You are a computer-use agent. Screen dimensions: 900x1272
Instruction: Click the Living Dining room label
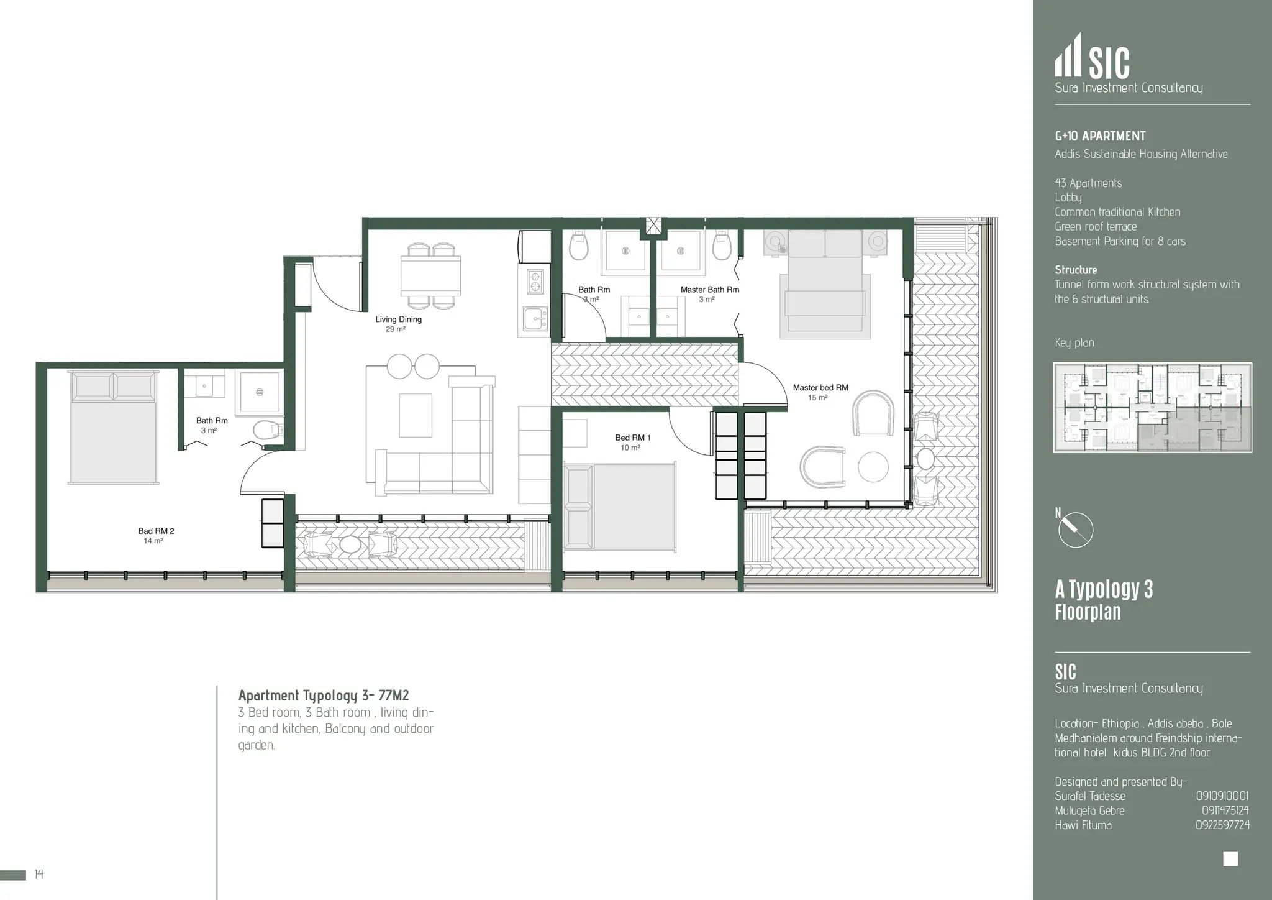398,319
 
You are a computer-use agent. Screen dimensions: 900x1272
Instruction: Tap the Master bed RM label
820,388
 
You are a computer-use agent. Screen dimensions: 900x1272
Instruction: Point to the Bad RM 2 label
156,531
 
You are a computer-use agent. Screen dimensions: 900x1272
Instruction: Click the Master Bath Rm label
709,290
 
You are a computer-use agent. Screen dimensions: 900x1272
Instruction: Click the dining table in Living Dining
430,275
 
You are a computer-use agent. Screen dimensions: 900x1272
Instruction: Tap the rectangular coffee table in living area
415,415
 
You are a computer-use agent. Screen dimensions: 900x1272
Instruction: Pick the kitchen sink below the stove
534,319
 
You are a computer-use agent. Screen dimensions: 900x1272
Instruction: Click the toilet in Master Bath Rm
722,247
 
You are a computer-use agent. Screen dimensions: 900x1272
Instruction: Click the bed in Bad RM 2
113,428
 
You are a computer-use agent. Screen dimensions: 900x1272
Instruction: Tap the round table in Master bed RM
873,466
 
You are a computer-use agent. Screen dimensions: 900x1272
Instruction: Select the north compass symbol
1075,530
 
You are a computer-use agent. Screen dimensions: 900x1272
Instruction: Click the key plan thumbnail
1152,408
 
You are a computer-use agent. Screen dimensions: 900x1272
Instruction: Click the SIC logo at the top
1093,57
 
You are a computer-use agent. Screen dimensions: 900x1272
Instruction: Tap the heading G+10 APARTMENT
1100,136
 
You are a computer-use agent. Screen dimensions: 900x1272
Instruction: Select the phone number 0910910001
1222,796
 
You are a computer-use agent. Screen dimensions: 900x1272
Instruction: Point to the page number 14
39,875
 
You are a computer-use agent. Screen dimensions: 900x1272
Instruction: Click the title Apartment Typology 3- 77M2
324,696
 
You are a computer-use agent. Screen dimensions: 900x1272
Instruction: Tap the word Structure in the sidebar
1076,270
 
